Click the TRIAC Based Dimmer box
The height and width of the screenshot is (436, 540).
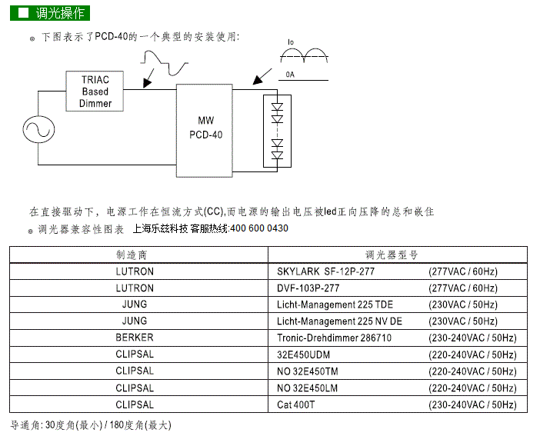tap(95, 92)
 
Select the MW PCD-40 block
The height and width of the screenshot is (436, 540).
tap(205, 131)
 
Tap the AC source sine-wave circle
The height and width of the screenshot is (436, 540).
tap(38, 129)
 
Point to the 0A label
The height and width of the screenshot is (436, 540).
tap(290, 75)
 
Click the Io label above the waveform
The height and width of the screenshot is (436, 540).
tap(291, 42)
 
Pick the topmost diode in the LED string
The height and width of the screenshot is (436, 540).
tap(277, 106)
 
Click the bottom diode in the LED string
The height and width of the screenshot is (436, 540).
tap(277, 155)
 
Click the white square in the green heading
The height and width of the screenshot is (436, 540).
tap(23, 13)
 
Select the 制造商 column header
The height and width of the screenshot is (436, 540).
tap(132, 255)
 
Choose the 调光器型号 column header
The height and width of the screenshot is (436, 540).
tap(392, 255)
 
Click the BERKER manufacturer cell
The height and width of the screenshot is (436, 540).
tap(135, 338)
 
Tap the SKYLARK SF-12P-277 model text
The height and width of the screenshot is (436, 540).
tap(325, 271)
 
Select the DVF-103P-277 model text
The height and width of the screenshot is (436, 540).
tap(308, 288)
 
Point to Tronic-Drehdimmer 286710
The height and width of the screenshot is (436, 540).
tap(334, 338)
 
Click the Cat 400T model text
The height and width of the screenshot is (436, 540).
tap(296, 404)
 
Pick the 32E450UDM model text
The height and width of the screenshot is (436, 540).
tap(303, 354)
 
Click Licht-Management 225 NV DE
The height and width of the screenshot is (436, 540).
tap(339, 321)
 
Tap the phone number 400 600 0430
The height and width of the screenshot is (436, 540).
tap(259, 228)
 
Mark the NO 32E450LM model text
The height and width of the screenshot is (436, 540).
tap(307, 388)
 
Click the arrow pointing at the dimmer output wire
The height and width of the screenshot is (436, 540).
tap(148, 78)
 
